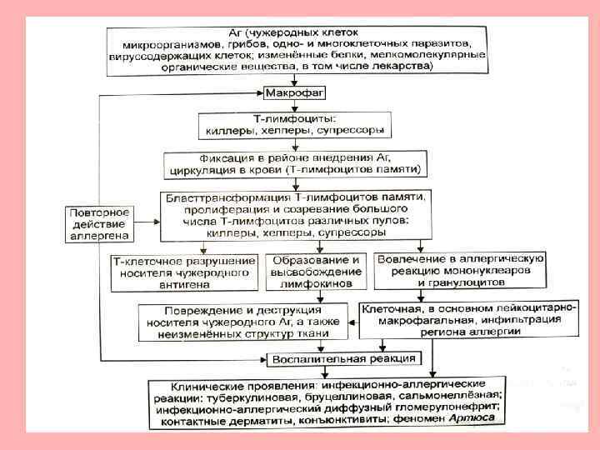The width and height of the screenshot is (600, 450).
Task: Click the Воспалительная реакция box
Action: point(342,359)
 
